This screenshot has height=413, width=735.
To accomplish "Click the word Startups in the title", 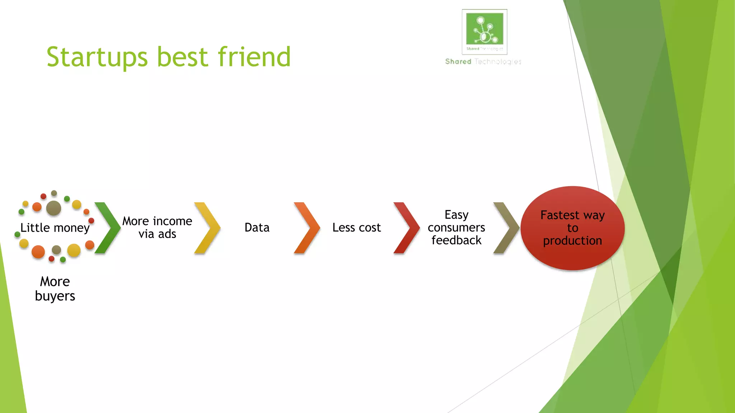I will (x=97, y=57).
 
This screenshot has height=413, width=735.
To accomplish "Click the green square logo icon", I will (x=484, y=29).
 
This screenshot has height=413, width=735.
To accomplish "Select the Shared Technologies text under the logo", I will (x=483, y=62).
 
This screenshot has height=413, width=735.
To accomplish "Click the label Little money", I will (x=55, y=228).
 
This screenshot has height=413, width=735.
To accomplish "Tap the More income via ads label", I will (x=157, y=227).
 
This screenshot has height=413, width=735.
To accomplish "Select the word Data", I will (x=257, y=228).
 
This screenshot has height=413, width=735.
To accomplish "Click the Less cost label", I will (x=356, y=228).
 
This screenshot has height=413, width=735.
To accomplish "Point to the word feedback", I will (x=456, y=240).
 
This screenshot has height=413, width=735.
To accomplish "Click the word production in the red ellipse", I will (x=572, y=241).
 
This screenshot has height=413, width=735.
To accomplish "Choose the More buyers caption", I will (x=55, y=289).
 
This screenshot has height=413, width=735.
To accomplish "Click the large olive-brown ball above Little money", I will (x=54, y=208).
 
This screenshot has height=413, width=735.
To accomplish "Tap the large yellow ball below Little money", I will (x=74, y=250).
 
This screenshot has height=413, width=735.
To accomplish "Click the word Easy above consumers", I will (x=457, y=215).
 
